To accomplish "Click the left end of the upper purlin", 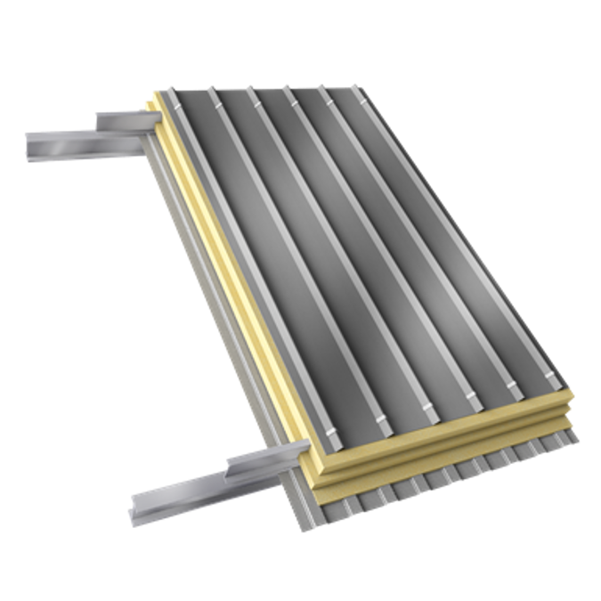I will [30, 142].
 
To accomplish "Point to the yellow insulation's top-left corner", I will [153, 91].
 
